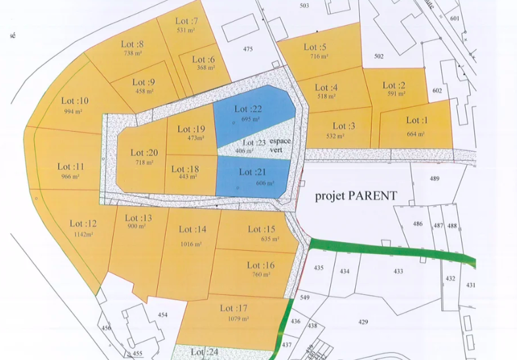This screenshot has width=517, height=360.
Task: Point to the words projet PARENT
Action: pos(356,195)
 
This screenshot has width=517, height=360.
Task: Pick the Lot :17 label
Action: pos(235,308)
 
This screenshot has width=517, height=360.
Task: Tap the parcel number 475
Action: pos(248,49)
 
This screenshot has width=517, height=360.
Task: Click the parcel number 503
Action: pos(304,6)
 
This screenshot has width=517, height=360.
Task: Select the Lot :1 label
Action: pos(416,120)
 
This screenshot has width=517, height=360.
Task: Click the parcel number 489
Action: pos(434,179)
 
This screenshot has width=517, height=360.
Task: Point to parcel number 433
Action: pos(398,271)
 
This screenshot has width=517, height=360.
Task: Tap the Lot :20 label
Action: pos(144,153)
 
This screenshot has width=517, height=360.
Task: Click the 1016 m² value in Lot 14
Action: pos(192,244)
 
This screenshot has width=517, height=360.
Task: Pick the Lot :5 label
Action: pos(315,47)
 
